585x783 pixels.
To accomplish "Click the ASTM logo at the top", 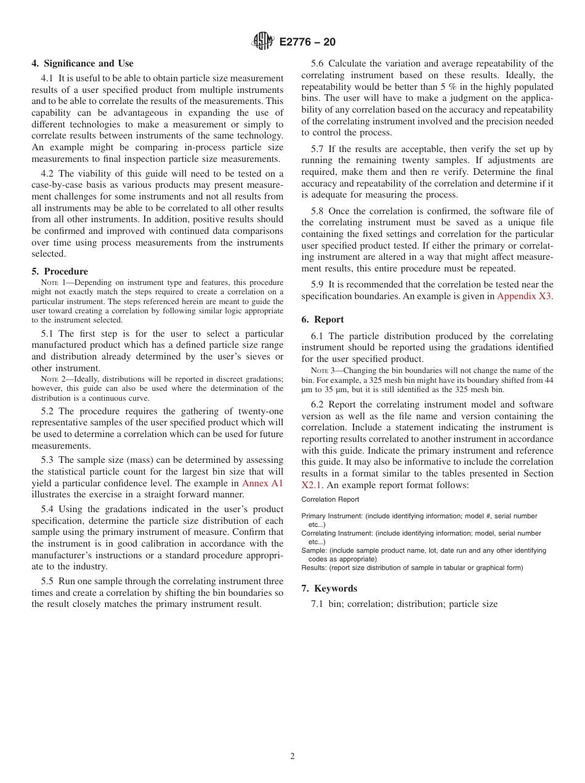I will coord(262,42).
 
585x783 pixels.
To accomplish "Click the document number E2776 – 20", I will coord(307,42).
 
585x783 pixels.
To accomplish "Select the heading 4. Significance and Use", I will coord(83,63).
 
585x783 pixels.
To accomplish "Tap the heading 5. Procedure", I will coord(60,271).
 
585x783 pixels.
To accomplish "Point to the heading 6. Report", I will coord(323,319).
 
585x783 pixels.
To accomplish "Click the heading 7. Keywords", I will coord(329,588).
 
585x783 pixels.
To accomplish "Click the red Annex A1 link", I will coord(262,483).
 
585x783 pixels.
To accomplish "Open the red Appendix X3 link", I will coord(524,296).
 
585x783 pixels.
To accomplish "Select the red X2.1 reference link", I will coord(312,485).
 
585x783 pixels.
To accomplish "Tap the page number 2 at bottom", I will coord(292,757).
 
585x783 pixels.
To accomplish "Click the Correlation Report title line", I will coord(330,500).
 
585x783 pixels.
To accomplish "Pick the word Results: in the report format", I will coord(314,568).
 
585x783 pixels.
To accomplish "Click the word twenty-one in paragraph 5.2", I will coord(262,412).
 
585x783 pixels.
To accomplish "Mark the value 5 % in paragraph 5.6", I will coord(448,87).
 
